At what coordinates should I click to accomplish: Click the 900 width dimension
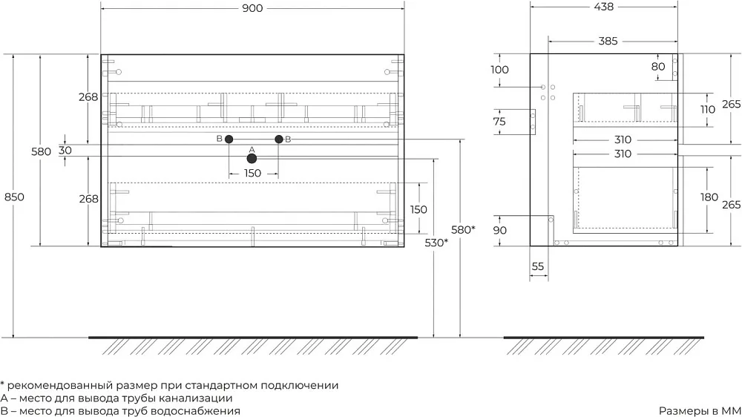tap(252, 8)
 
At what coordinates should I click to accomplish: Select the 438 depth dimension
tap(604, 7)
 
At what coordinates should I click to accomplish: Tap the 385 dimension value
tap(608, 41)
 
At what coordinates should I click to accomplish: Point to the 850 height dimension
tap(14, 197)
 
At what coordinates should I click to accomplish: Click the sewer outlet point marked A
tap(252, 159)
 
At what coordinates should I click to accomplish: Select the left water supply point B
tap(229, 139)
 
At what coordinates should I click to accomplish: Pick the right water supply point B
tap(279, 139)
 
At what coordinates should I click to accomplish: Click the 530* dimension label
tap(436, 243)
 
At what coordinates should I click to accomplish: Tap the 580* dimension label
tap(463, 230)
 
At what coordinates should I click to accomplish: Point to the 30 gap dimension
tap(65, 150)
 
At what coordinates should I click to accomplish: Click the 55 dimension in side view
tap(537, 266)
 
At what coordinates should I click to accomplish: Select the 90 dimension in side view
tap(499, 231)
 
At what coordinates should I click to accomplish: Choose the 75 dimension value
tap(499, 122)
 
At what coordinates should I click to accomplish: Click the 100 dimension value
tap(499, 70)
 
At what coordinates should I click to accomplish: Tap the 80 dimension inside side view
tap(657, 67)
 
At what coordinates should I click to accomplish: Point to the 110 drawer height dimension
tap(708, 109)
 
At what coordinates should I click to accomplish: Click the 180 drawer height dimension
tap(709, 197)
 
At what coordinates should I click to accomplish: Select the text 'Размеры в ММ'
tap(700, 411)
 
